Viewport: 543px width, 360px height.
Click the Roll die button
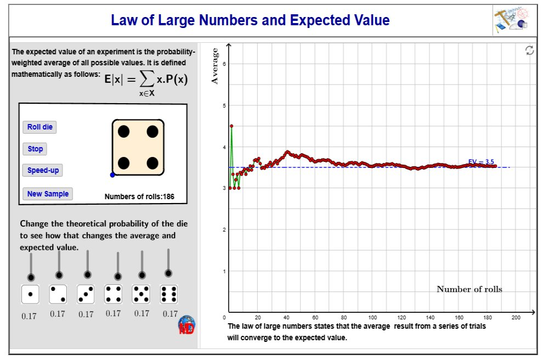pyautogui.click(x=40, y=127)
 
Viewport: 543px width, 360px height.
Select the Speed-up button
pyautogui.click(x=43, y=170)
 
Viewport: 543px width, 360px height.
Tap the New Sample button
pyautogui.click(x=48, y=194)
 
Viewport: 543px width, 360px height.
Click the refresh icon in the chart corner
pyautogui.click(x=529, y=50)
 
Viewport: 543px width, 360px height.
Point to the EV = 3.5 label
pyautogui.click(x=481, y=161)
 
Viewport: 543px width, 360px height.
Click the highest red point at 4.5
pyautogui.click(x=231, y=126)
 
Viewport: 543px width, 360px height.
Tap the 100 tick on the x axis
pyautogui.click(x=372, y=318)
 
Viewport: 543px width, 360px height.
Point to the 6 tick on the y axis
pyautogui.click(x=224, y=64)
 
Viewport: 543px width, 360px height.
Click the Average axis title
pyautogui.click(x=215, y=66)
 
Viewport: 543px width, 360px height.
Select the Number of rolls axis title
pyautogui.click(x=469, y=289)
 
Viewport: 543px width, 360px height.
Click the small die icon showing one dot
pyautogui.click(x=30, y=295)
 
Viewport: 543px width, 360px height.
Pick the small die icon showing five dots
pyautogui.click(x=142, y=295)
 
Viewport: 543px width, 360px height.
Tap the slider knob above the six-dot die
pyautogui.click(x=168, y=273)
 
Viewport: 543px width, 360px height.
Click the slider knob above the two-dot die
pyautogui.click(x=59, y=275)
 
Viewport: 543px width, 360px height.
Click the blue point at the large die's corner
pyautogui.click(x=112, y=175)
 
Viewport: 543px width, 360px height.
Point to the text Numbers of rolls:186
pyautogui.click(x=139, y=196)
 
